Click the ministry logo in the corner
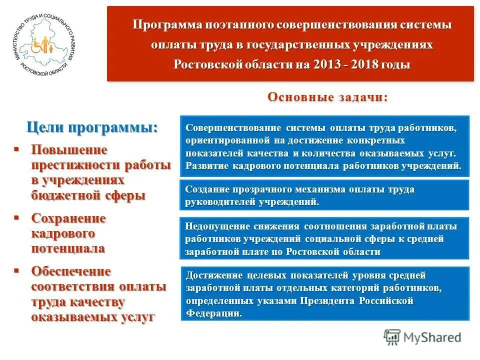pos(44,44)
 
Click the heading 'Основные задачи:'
pos(327,97)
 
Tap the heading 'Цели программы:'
pos(92,127)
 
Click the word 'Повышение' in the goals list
pos(69,150)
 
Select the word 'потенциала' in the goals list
pos(68,248)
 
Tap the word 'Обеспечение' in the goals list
pos(71,271)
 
